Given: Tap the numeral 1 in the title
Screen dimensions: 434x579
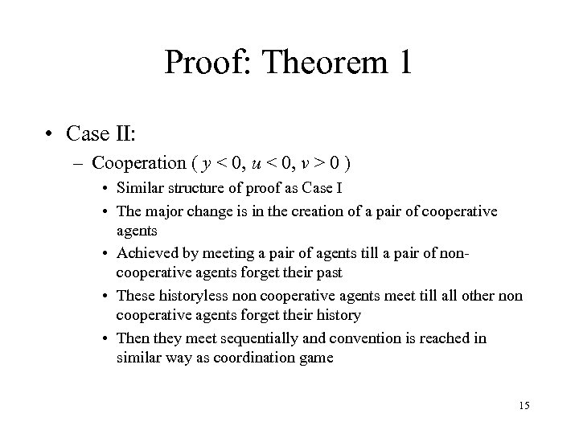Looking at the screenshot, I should (x=402, y=63).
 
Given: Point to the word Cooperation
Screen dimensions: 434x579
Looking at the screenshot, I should (x=139, y=163).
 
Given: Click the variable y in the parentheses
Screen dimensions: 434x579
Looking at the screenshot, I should (x=208, y=165).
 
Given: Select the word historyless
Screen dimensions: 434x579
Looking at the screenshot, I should (x=192, y=297).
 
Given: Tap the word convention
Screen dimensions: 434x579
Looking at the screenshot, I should (x=332, y=338).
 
